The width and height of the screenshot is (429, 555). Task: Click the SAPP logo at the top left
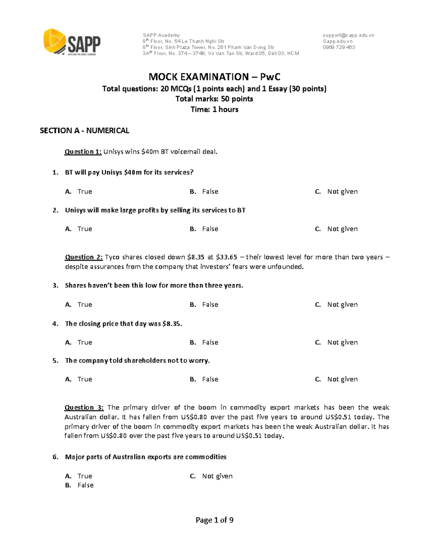[72, 42]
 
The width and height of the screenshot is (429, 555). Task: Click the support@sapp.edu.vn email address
[348, 35]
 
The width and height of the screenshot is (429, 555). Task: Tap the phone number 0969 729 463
[339, 47]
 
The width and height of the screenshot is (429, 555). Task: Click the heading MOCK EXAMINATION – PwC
[214, 77]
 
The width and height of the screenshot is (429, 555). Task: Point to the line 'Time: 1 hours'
[214, 109]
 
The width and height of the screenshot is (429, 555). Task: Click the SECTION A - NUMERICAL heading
[84, 131]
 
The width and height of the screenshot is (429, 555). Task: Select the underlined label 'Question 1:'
[83, 152]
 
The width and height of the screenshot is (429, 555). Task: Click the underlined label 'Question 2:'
[84, 257]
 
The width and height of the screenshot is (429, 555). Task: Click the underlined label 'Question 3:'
[84, 408]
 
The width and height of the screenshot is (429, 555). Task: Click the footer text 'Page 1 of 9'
[214, 520]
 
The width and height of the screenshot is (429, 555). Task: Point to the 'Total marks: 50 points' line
[214, 99]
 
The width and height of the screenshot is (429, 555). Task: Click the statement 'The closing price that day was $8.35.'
[123, 324]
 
